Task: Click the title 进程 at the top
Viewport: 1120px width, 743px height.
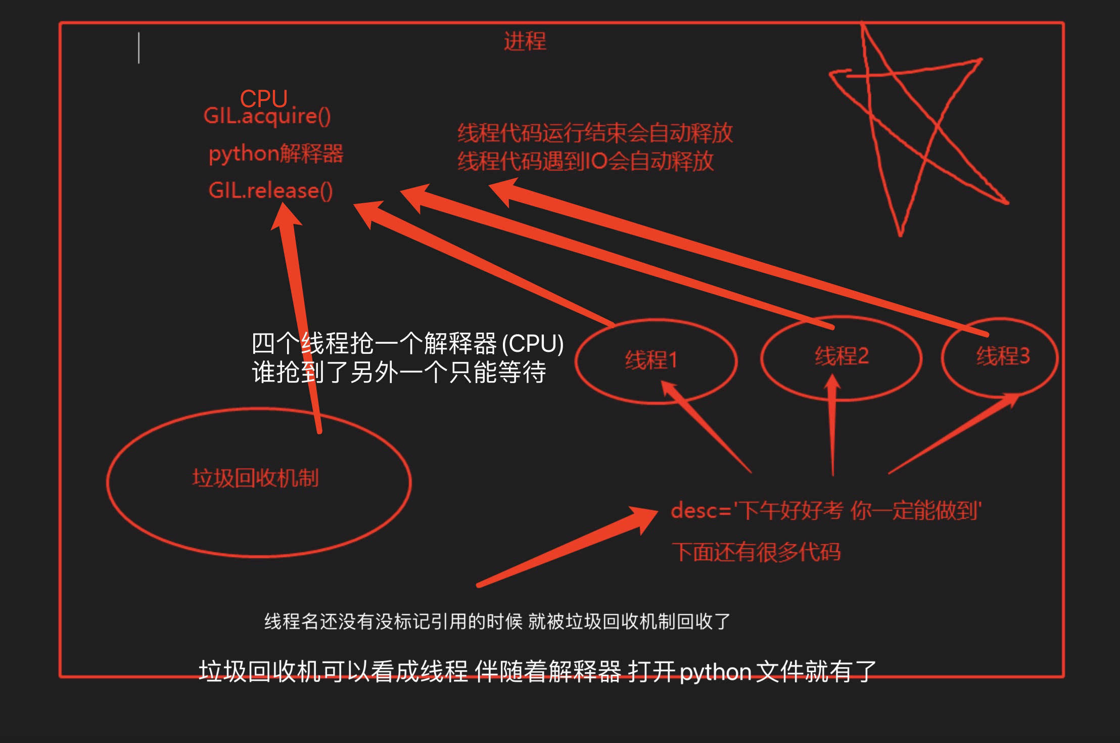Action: [525, 41]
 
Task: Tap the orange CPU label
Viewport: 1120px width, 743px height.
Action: [263, 98]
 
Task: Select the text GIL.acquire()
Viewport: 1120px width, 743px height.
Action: [267, 116]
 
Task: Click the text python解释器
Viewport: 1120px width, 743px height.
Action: [276, 154]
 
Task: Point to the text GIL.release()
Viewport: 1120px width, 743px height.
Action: [270, 191]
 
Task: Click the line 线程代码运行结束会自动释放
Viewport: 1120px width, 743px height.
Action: [595, 133]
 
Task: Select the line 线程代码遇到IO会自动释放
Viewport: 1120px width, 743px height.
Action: [585, 162]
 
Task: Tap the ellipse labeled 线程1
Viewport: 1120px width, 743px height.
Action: [656, 360]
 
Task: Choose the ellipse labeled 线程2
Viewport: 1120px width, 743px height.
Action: [841, 357]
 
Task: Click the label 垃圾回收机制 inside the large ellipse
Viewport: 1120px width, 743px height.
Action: [255, 478]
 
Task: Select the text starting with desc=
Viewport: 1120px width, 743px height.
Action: [826, 512]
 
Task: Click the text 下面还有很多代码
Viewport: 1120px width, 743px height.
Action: [756, 552]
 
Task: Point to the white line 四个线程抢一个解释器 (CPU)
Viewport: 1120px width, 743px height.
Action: [407, 344]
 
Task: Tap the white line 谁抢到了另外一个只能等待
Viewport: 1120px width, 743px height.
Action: [399, 373]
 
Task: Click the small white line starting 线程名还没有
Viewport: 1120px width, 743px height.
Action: [497, 621]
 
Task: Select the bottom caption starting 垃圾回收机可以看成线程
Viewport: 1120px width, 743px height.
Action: [537, 672]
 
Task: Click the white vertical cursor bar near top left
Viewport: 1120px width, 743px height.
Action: [139, 48]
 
